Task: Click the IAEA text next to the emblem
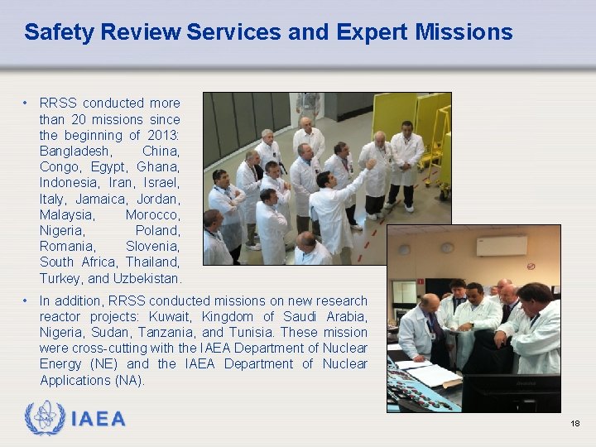click(98, 419)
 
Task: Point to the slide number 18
click(574, 424)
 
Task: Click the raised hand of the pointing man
click(371, 164)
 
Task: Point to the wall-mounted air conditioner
click(501, 246)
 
